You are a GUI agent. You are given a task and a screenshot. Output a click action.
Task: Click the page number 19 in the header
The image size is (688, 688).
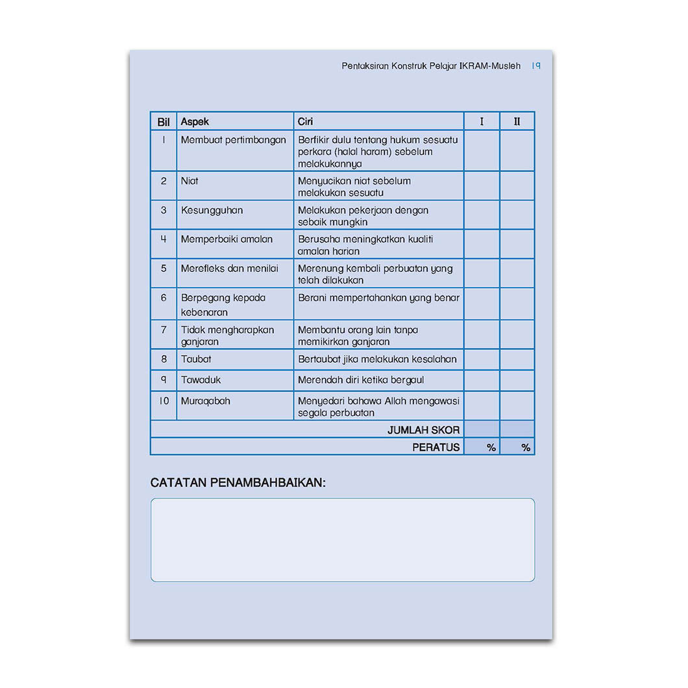tap(536, 66)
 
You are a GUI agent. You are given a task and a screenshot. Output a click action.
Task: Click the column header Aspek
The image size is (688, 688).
tap(195, 121)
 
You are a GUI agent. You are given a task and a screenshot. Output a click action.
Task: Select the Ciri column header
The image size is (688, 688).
tap(306, 121)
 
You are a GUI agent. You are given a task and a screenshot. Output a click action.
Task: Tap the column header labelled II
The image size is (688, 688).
tap(517, 121)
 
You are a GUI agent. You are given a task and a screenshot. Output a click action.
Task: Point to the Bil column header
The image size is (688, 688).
tap(164, 121)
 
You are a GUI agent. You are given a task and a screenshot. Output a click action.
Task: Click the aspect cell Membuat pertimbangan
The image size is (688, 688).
tap(233, 140)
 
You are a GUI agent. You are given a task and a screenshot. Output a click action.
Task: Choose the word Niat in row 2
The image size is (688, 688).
tap(190, 181)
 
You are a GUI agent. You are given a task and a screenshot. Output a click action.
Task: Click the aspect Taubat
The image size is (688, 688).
tap(196, 359)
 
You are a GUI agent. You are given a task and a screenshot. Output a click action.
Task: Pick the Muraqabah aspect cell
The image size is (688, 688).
tap(205, 401)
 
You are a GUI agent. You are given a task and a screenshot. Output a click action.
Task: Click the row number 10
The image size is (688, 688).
tap(164, 401)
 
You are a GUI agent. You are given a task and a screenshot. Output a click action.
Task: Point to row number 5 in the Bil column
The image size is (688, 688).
tap(164, 268)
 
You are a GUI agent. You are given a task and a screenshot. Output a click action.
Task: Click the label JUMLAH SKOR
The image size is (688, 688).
tap(423, 430)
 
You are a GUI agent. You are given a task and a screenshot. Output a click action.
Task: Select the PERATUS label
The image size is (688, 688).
tap(436, 447)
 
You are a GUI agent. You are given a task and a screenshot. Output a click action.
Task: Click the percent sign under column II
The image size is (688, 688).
tap(526, 447)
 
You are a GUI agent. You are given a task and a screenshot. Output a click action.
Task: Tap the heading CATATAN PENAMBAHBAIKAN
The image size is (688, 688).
tap(238, 483)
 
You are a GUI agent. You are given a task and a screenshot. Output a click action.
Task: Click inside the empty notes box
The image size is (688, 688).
tap(343, 540)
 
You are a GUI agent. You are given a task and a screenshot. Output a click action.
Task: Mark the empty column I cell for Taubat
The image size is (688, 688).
tap(482, 360)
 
